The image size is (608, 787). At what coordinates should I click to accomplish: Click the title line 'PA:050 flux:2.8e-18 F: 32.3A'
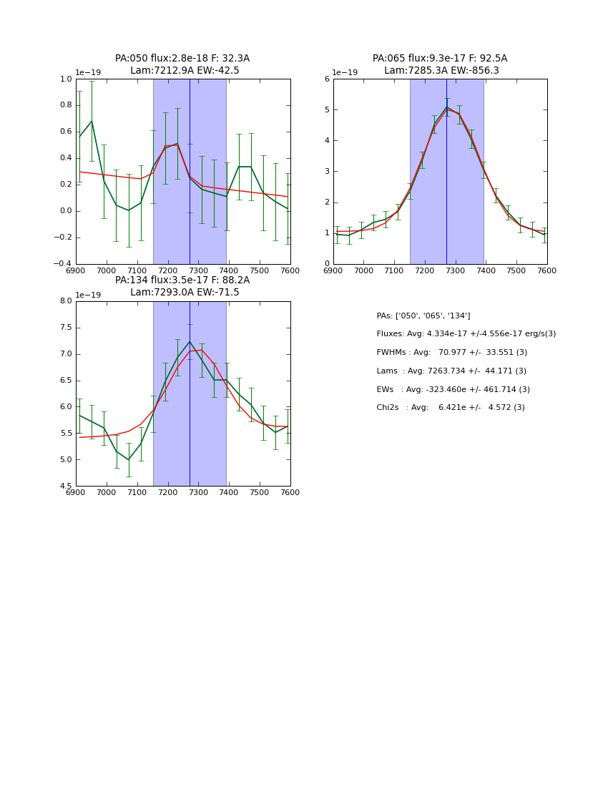point(182,59)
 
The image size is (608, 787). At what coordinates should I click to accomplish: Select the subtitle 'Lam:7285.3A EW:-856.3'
point(441,71)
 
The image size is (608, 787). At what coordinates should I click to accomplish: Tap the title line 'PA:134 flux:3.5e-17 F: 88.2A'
point(182,280)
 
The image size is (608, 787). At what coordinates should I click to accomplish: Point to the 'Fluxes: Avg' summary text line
point(466,334)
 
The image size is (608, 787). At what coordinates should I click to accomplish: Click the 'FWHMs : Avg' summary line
point(451,352)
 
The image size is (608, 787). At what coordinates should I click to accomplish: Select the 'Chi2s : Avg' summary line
point(450,408)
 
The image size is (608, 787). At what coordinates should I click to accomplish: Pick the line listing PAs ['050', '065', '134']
point(423,316)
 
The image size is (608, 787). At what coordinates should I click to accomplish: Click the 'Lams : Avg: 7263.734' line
point(451,371)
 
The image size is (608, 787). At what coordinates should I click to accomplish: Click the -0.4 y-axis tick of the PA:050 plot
point(64,264)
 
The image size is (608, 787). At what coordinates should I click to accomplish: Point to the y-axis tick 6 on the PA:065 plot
point(326,79)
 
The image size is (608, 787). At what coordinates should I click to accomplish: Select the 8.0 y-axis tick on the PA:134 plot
point(65,301)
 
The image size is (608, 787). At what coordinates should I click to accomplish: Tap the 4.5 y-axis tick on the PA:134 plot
point(65,487)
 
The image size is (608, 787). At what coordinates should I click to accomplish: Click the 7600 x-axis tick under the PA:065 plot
point(547,270)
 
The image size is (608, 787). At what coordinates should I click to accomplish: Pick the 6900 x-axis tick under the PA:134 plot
point(76,492)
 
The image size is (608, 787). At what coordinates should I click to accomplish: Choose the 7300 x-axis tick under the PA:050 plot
point(198,270)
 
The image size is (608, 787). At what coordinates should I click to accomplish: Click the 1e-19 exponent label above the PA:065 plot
point(345,72)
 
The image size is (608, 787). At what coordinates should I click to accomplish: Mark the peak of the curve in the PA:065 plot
point(446,108)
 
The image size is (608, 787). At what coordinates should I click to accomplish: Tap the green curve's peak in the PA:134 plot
point(190,341)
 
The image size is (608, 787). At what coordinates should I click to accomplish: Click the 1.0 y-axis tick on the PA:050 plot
point(65,79)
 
